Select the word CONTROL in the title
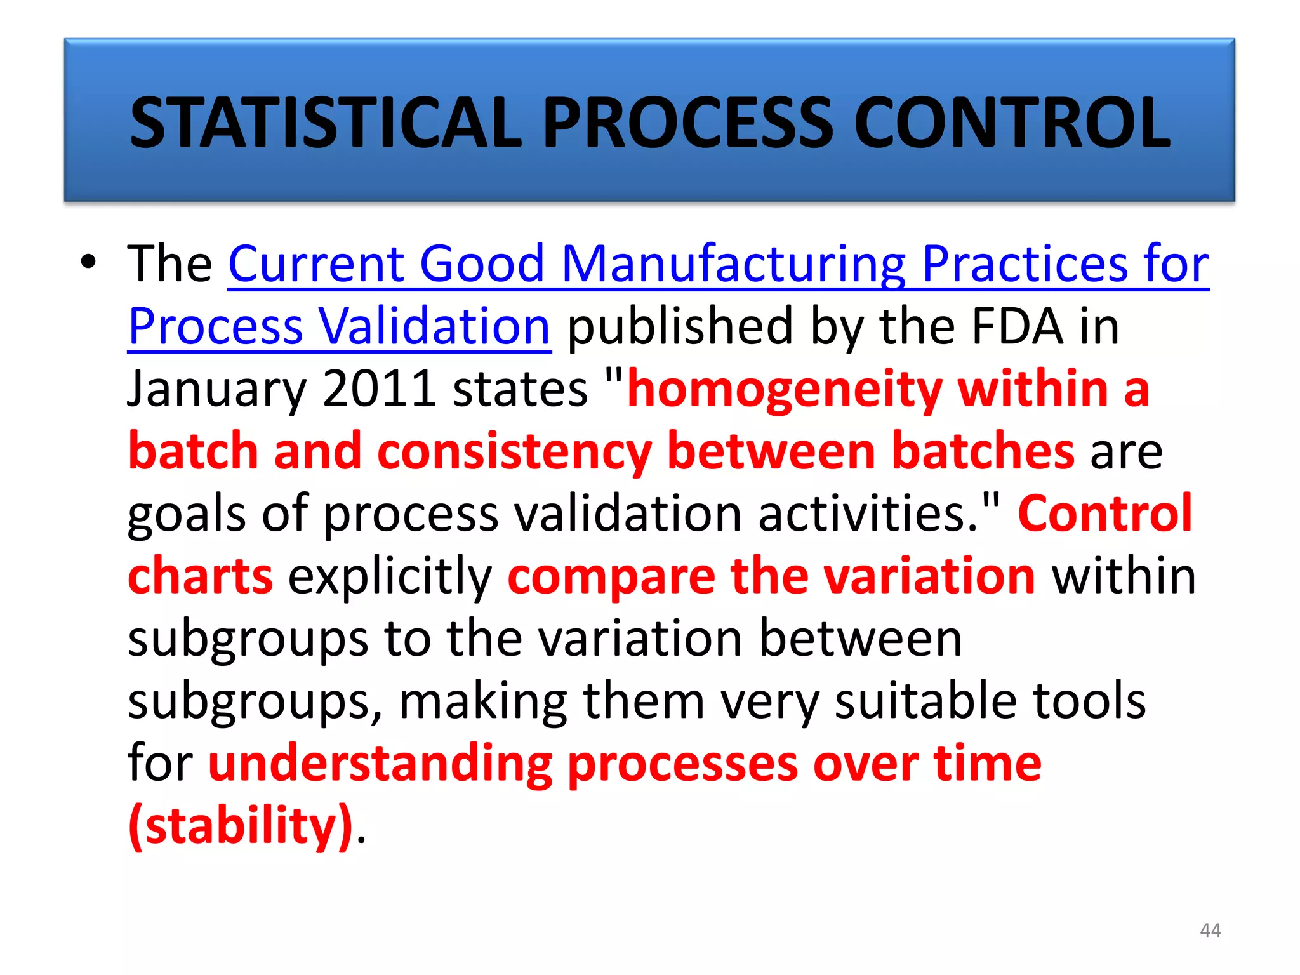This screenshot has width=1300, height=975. [x=1012, y=123]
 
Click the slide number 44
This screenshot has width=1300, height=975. [x=1210, y=930]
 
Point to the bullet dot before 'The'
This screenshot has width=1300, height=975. [x=88, y=262]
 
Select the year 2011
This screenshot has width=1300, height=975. [x=378, y=388]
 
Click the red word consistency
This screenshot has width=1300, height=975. [x=514, y=451]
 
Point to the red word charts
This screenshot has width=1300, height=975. [x=200, y=576]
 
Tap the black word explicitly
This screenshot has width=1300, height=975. [x=390, y=576]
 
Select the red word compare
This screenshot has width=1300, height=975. [x=611, y=576]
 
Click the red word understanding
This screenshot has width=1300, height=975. [x=380, y=764]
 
